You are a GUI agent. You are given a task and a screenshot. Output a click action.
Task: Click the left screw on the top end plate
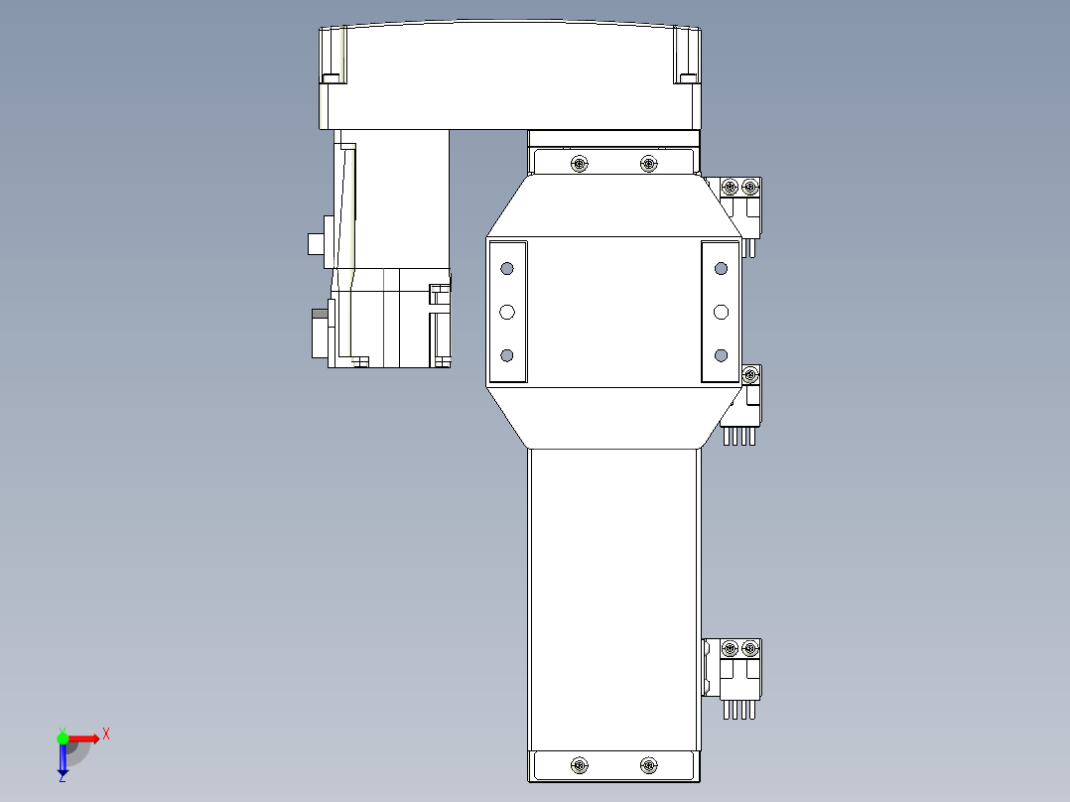point(580,164)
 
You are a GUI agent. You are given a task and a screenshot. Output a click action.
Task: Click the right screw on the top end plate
point(648,164)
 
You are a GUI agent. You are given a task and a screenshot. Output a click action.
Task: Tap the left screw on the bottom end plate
point(580,764)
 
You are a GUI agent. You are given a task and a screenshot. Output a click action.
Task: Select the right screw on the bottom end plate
point(648,764)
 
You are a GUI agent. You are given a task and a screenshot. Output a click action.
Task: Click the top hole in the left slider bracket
point(507,268)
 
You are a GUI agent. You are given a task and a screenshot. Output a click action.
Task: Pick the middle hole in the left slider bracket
point(507,312)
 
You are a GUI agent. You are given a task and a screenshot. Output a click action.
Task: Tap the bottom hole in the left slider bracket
point(507,355)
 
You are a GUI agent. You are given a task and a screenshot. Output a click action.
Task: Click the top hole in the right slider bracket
point(722,268)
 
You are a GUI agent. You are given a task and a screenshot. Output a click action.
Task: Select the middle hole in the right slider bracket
point(722,312)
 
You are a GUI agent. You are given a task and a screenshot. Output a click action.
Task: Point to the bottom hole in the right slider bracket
point(722,355)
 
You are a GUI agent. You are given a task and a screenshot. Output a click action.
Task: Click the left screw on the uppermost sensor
point(732,187)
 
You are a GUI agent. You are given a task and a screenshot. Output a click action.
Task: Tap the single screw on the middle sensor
point(751,375)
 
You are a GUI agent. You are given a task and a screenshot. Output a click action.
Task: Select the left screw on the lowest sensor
point(732,649)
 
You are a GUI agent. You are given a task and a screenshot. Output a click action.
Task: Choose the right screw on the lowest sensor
point(749,649)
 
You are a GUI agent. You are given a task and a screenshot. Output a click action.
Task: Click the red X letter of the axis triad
point(106,735)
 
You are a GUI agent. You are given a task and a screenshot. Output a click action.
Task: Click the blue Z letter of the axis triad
point(62,778)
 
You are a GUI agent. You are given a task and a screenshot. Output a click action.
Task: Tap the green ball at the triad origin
point(63,737)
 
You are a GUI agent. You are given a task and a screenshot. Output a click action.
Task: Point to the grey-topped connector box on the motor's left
point(320,334)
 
